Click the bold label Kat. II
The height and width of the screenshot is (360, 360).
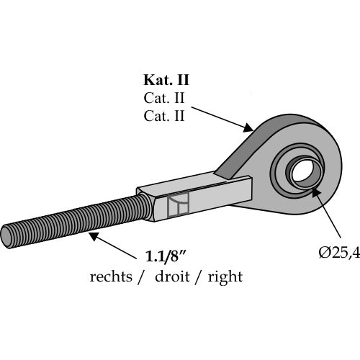pyautogui.click(x=166, y=80)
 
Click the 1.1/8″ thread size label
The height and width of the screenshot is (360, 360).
pyautogui.click(x=166, y=256)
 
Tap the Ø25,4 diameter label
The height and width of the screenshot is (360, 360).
pyautogui.click(x=339, y=253)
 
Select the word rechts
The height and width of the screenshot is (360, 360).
pyautogui.click(x=111, y=276)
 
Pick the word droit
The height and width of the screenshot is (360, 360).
pyautogui.click(x=172, y=276)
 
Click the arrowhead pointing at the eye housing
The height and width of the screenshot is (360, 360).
pyautogui.click(x=248, y=127)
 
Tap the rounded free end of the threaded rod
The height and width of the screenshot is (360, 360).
pyautogui.click(x=6, y=237)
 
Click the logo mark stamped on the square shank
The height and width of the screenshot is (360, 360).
pyautogui.click(x=178, y=204)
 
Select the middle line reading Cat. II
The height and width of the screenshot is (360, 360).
pyautogui.click(x=164, y=98)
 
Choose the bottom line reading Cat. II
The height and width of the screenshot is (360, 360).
pyautogui.click(x=164, y=116)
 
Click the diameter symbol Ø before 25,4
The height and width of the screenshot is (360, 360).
pyautogui.click(x=324, y=253)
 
